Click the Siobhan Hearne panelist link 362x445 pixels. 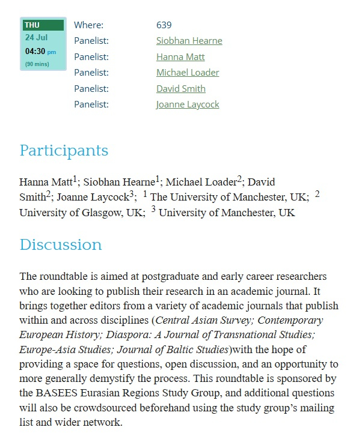click(x=189, y=41)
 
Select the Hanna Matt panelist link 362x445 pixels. click(x=180, y=57)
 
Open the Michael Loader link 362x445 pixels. click(x=188, y=73)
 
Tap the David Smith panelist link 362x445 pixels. click(x=180, y=89)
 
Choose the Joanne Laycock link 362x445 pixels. click(x=188, y=104)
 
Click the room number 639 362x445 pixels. click(x=164, y=25)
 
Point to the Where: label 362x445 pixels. click(x=88, y=25)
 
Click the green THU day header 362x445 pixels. click(x=43, y=25)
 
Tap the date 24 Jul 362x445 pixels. click(x=37, y=37)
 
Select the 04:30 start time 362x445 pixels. click(x=35, y=51)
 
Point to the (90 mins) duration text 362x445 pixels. click(x=37, y=64)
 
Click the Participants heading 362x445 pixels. click(x=64, y=151)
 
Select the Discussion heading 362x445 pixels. click(x=61, y=245)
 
